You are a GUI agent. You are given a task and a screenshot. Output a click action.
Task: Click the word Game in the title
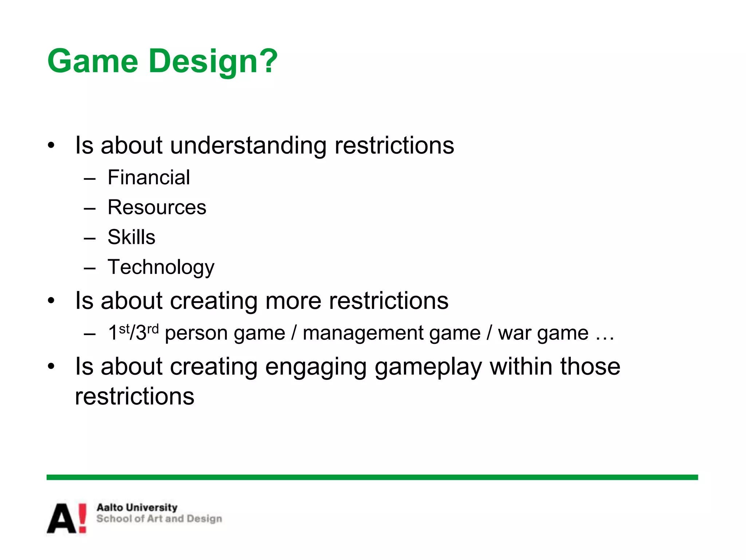click(93, 61)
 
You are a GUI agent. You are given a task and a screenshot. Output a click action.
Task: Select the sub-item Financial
click(149, 178)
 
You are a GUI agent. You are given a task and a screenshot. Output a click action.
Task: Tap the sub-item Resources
click(157, 207)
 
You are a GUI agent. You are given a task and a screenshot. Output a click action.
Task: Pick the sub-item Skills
click(131, 237)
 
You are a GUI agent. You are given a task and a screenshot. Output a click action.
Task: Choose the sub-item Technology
click(161, 267)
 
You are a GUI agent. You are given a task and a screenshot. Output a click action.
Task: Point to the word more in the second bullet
click(293, 301)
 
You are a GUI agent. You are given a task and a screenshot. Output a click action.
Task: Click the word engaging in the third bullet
click(316, 367)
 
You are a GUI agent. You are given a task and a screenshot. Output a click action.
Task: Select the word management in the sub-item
click(392, 333)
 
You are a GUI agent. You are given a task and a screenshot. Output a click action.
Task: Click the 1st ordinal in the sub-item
click(119, 332)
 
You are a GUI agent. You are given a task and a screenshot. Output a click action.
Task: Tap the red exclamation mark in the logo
click(83, 518)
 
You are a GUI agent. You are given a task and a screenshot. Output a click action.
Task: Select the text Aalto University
click(137, 507)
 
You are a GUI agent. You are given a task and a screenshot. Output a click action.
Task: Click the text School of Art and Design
click(159, 519)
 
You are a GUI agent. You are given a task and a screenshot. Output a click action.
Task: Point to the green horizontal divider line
click(372, 477)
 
